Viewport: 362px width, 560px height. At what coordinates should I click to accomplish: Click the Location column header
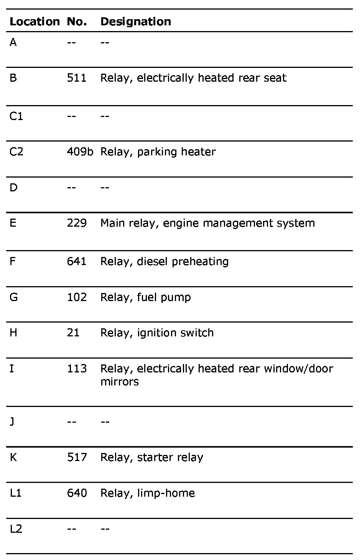tap(35, 21)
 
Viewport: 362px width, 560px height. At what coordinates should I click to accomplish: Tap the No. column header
tap(77, 21)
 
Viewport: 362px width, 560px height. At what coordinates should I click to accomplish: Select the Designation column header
tap(136, 21)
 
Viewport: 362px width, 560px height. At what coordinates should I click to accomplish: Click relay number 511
tap(77, 78)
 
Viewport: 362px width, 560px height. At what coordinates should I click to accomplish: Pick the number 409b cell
tap(80, 152)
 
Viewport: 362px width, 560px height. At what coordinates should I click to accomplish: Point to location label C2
tap(16, 152)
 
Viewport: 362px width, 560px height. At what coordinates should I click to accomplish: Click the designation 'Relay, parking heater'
tap(158, 152)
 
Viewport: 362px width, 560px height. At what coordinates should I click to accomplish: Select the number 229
tap(77, 223)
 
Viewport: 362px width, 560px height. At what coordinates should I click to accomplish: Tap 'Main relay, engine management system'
tap(207, 223)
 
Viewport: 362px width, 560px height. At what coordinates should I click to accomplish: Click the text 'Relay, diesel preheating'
tap(165, 261)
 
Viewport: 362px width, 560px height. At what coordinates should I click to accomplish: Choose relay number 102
tap(77, 297)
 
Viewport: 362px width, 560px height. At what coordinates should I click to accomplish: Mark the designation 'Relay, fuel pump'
tap(146, 297)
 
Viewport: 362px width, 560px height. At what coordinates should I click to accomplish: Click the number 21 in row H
tap(73, 333)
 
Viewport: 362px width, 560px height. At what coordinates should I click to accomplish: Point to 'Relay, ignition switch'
tap(157, 333)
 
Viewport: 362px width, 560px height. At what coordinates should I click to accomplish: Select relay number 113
tap(77, 369)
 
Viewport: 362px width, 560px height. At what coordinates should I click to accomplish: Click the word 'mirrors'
tap(119, 382)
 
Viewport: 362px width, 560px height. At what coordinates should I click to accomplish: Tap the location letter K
tap(13, 457)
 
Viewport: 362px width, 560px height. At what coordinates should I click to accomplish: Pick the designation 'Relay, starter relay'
tap(152, 457)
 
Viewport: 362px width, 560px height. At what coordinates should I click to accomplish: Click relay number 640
tap(77, 493)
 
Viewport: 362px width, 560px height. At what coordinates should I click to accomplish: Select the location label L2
tap(16, 529)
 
